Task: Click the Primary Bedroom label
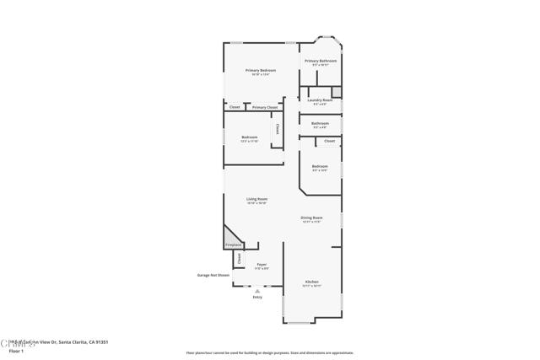pos(261,70)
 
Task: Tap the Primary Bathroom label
pos(321,61)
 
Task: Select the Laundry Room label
pos(320,99)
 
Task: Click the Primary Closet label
pos(265,107)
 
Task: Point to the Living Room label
pos(256,199)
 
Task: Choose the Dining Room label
pos(312,218)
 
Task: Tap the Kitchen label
pos(311,282)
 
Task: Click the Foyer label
pos(262,265)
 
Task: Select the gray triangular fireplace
pos(231,237)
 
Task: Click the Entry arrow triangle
pos(257,291)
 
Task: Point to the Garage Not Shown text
pos(213,275)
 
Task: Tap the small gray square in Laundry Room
pos(336,91)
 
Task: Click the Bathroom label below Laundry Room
pos(320,123)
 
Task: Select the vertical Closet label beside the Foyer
pos(239,260)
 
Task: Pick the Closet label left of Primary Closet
pos(235,107)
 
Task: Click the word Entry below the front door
pos(257,297)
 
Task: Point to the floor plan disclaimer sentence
pos(269,353)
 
